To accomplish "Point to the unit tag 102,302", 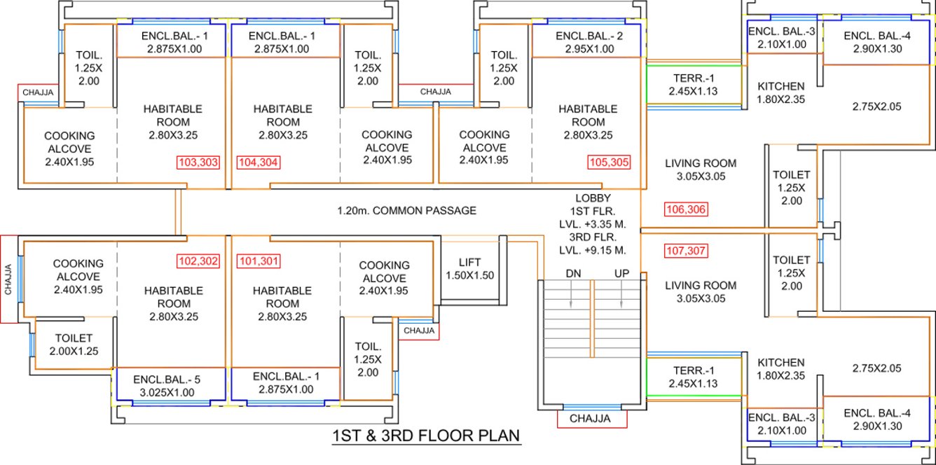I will [x=198, y=263].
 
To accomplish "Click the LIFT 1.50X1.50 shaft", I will [x=470, y=270].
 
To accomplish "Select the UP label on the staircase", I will [x=621, y=274].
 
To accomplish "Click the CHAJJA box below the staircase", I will [x=591, y=419].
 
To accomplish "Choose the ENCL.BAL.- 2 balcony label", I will [x=585, y=36].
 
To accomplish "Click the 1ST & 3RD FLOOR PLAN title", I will [x=426, y=436].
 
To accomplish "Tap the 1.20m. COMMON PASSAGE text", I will [x=406, y=210].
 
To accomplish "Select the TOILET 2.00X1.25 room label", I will [x=74, y=343].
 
